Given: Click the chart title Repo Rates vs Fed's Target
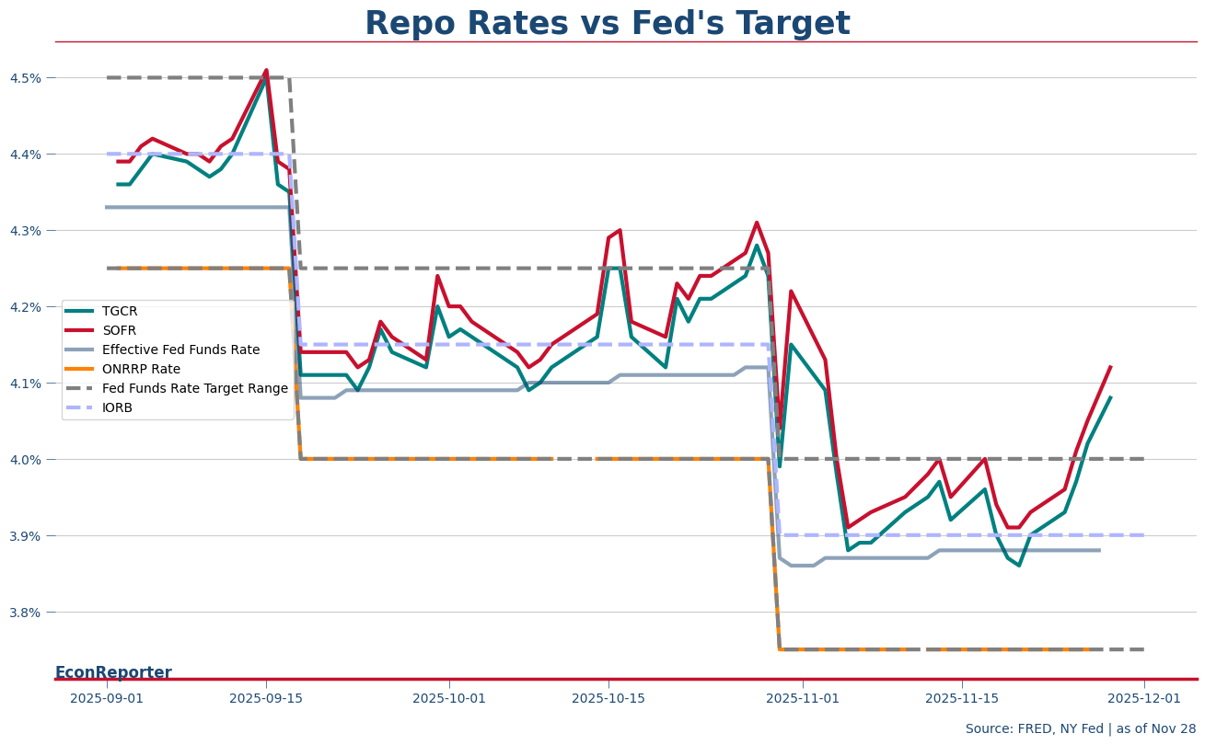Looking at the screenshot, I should [x=607, y=24].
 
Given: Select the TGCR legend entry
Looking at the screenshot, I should [x=120, y=311].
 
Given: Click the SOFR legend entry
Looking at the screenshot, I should [x=120, y=330].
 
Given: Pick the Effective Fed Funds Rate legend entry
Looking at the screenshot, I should [x=180, y=350].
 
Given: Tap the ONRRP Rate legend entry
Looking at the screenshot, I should [x=141, y=369].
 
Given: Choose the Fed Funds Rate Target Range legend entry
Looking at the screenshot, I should [x=194, y=388].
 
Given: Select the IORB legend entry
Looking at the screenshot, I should [x=117, y=407].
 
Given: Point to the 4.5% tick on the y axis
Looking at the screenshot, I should [x=26, y=78].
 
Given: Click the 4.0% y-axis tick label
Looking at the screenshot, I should [x=26, y=460].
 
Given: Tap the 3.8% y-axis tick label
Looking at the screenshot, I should [x=26, y=613].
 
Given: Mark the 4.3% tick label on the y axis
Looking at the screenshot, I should [x=26, y=231].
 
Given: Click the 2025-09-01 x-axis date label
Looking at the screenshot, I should [x=108, y=699].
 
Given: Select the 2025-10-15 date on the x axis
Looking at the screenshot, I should [x=608, y=699].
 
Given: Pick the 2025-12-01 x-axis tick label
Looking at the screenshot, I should [x=1144, y=699].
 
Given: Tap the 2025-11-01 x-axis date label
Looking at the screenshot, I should [x=803, y=699].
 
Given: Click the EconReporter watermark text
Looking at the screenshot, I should [x=113, y=672].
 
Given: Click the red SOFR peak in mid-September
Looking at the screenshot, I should [x=266, y=70].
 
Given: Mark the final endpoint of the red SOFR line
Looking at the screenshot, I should [x=1111, y=366].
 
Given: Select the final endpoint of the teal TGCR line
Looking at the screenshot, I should [x=1111, y=397].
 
